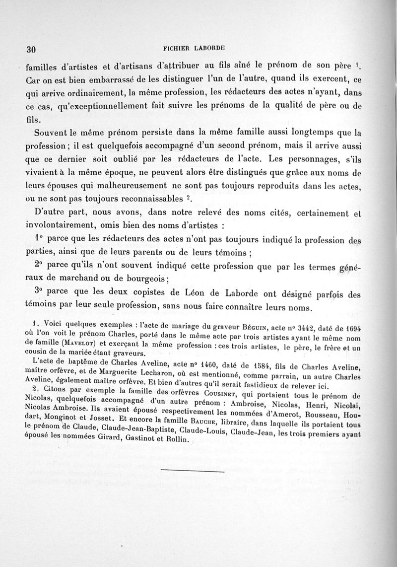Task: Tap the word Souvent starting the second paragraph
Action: click(53, 133)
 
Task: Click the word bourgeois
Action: click(144, 278)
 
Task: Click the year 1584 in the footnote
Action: click(267, 365)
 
